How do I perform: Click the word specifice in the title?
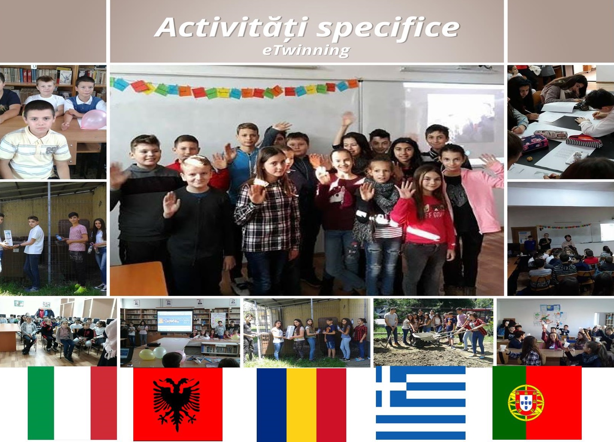click(388, 29)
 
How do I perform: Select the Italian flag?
click(73, 403)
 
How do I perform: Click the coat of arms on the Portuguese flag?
click(526, 403)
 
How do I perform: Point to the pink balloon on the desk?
click(94, 119)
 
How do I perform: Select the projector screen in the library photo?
click(175, 321)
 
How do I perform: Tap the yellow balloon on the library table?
click(147, 354)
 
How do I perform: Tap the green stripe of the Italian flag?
click(41, 403)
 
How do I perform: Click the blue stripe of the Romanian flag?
click(271, 405)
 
